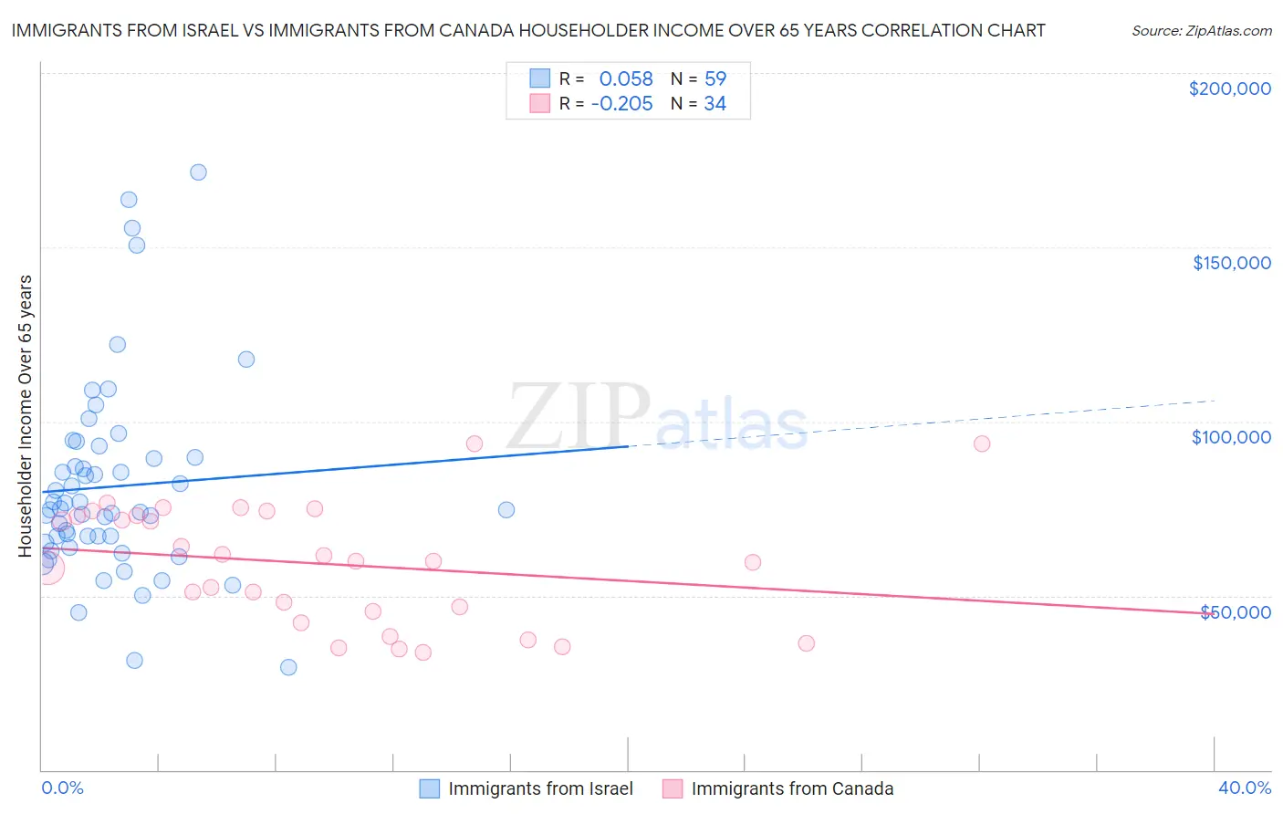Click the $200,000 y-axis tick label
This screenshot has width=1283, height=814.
[x=1229, y=89]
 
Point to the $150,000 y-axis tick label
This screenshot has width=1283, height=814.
[x=1231, y=263]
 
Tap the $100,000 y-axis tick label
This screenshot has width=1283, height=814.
[x=1231, y=437]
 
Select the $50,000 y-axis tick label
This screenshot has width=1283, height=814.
[x=1235, y=611]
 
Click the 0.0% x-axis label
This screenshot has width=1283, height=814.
[x=62, y=788]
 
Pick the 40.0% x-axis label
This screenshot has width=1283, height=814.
[x=1244, y=788]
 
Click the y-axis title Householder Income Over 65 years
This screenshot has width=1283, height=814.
[x=25, y=416]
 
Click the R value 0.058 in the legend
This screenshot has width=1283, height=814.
[x=626, y=79]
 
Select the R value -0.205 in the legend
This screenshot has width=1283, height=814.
[x=622, y=104]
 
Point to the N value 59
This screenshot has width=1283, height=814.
[x=715, y=79]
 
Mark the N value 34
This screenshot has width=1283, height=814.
[x=715, y=104]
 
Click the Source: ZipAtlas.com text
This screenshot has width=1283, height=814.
[x=1201, y=31]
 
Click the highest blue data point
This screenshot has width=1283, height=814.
[x=198, y=172]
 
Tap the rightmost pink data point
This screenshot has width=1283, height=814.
[x=982, y=444]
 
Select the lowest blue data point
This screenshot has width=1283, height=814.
[x=288, y=667]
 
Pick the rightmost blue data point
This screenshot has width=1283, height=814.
[x=506, y=510]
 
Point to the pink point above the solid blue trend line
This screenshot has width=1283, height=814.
[x=475, y=444]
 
